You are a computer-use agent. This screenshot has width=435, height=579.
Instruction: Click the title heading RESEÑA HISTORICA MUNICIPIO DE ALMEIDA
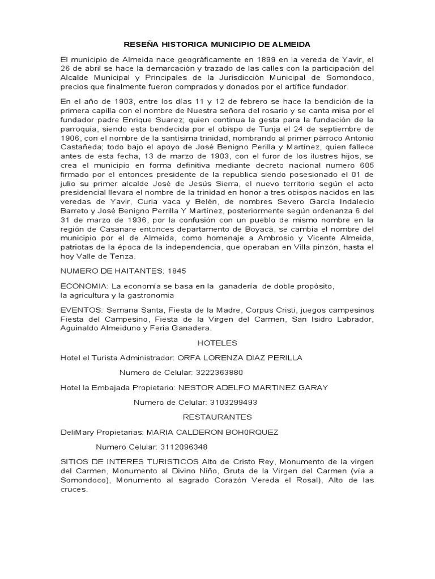coord(217,44)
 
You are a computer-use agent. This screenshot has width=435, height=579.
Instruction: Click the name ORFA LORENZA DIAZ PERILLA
coord(240,358)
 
